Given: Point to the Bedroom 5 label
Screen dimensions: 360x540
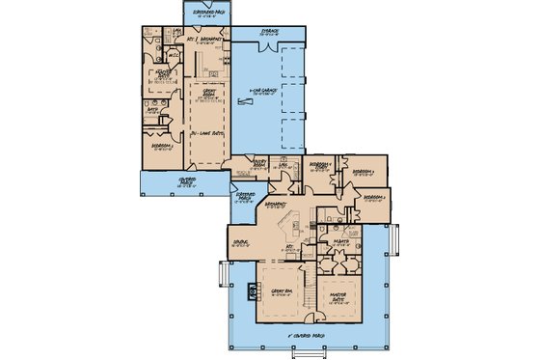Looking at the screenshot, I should [x=163, y=147].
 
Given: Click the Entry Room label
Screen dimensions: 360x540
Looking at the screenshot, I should [x=259, y=166].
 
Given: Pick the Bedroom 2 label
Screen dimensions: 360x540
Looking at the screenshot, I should [x=377, y=197].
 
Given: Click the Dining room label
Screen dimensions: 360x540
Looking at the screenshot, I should [x=241, y=241].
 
